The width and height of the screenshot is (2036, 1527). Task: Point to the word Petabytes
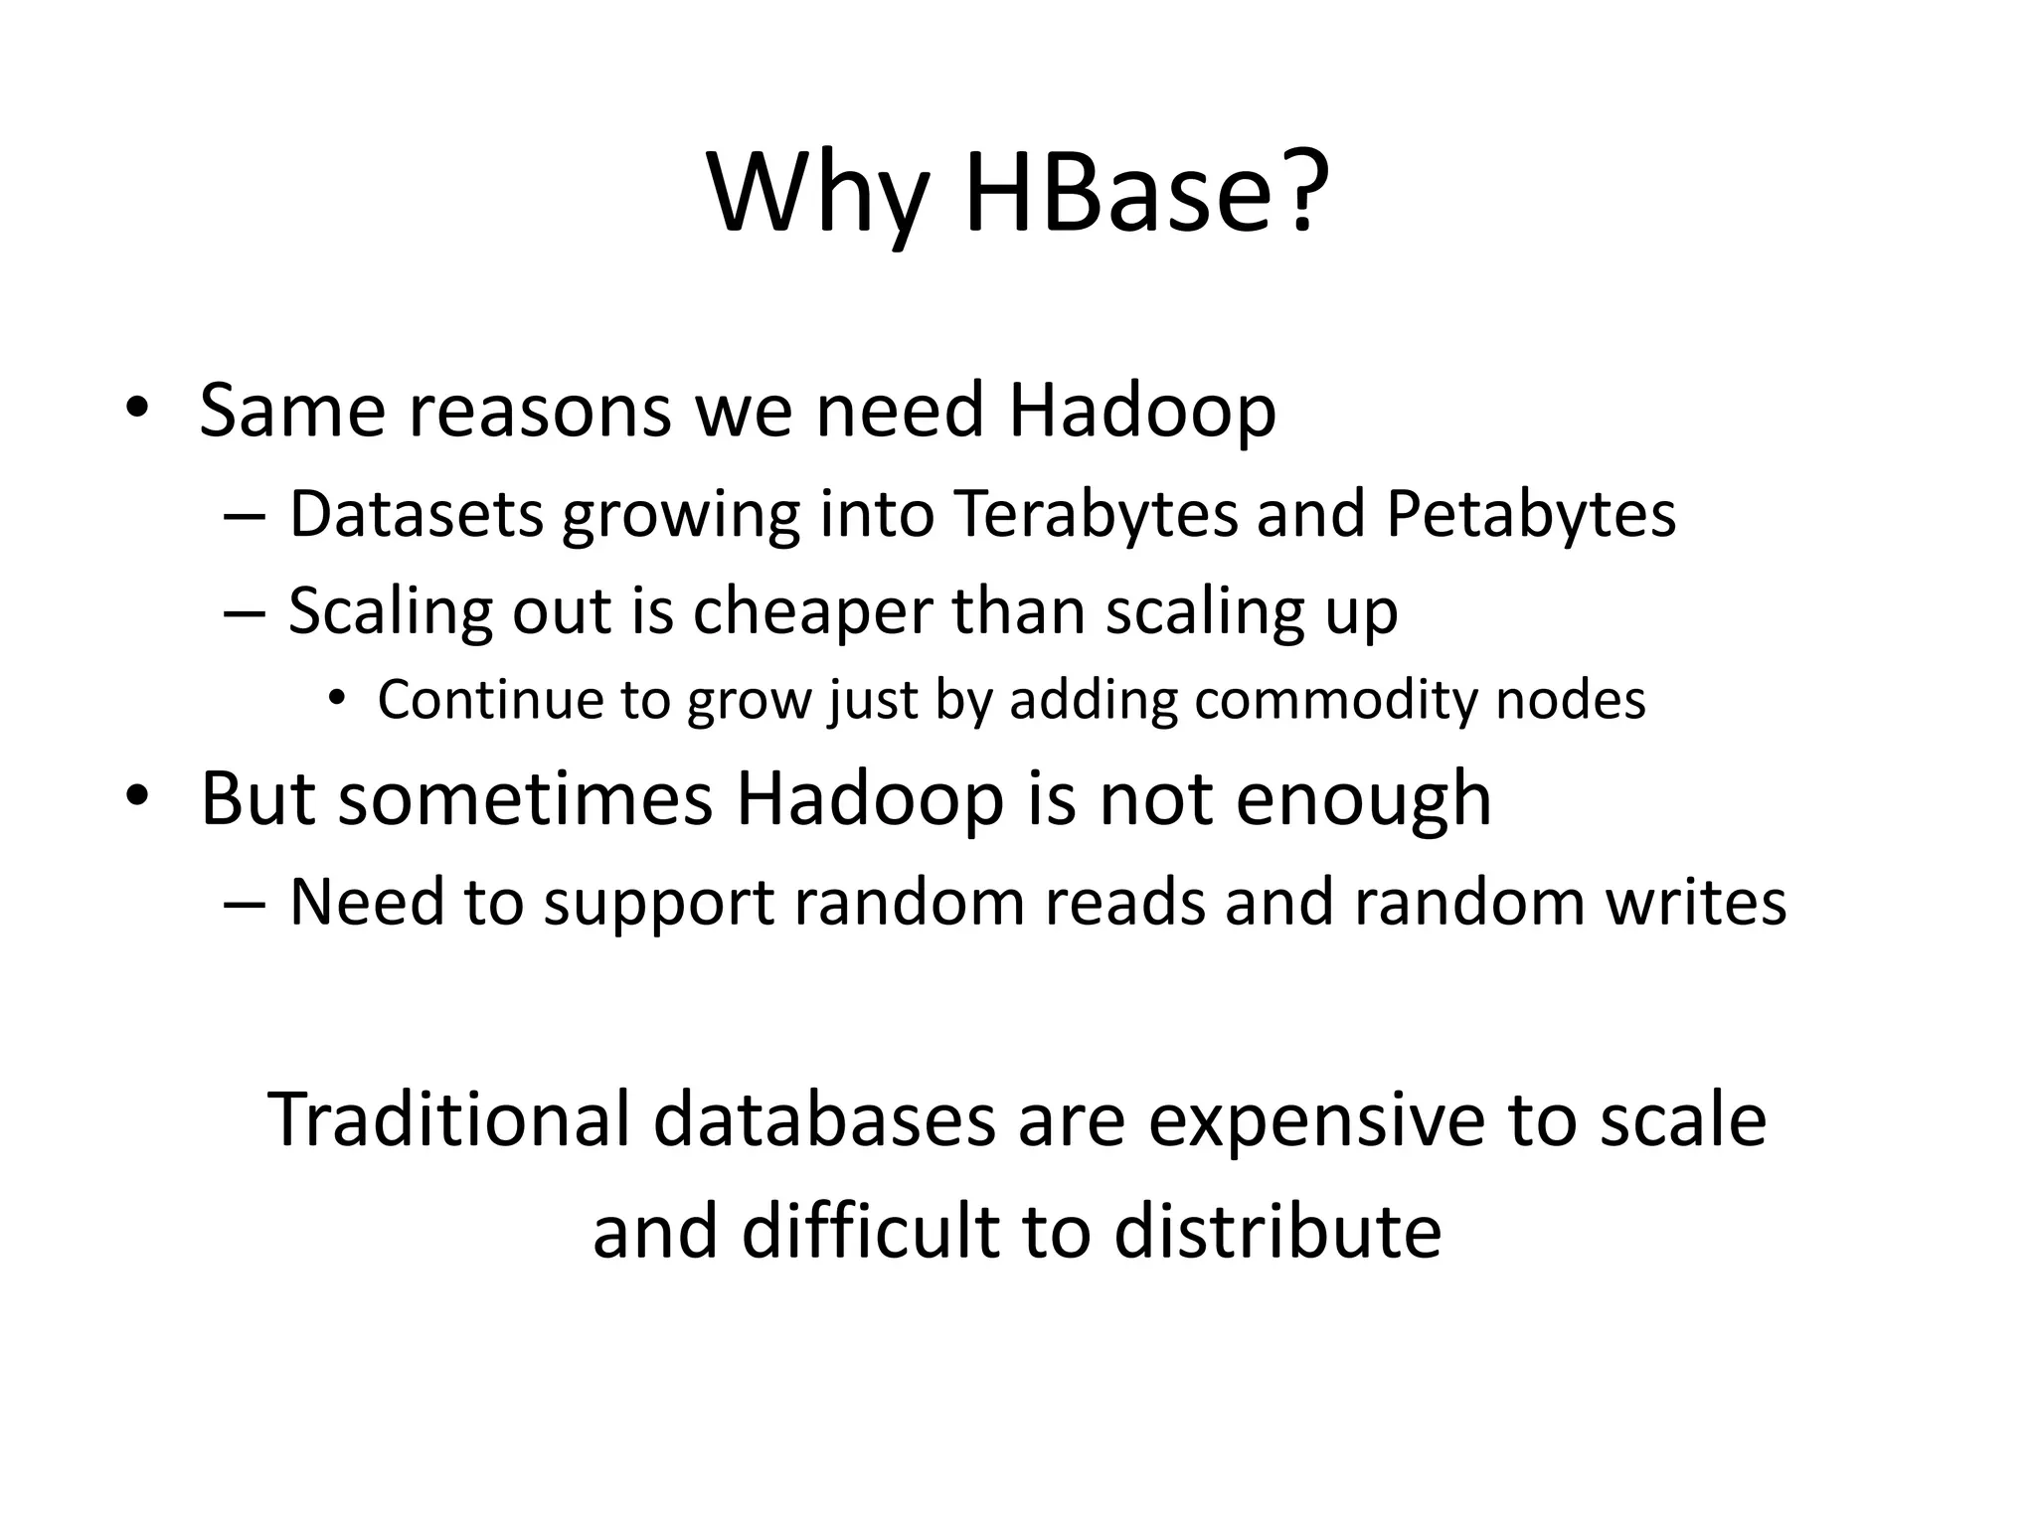click(x=1530, y=515)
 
